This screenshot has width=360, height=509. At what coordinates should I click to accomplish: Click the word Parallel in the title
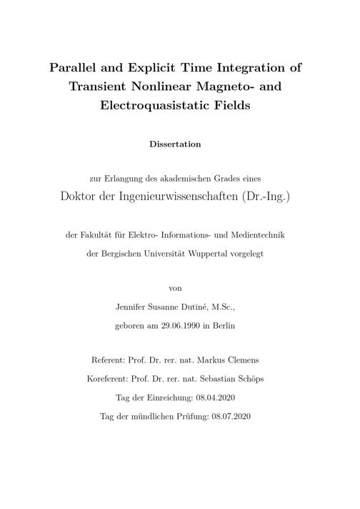coord(75,69)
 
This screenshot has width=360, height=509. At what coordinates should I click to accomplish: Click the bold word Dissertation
coord(175,144)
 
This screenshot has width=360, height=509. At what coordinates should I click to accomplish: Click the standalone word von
coord(175,288)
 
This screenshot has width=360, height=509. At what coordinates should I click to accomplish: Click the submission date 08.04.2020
coord(212,397)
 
